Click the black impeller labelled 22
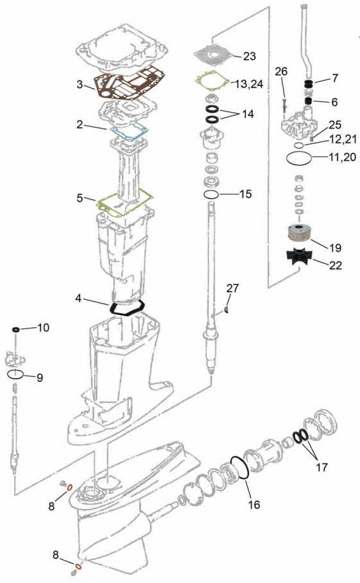[300, 257]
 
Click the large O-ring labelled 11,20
[300, 159]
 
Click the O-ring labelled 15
[211, 194]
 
